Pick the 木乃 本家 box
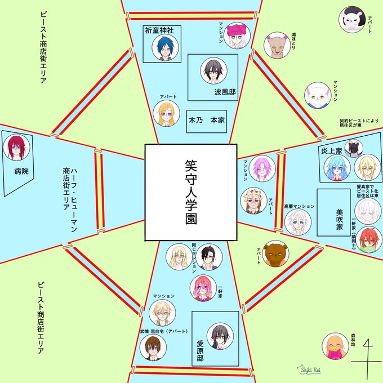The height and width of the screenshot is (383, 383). click(207, 120)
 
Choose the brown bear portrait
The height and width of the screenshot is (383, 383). click(275, 255)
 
